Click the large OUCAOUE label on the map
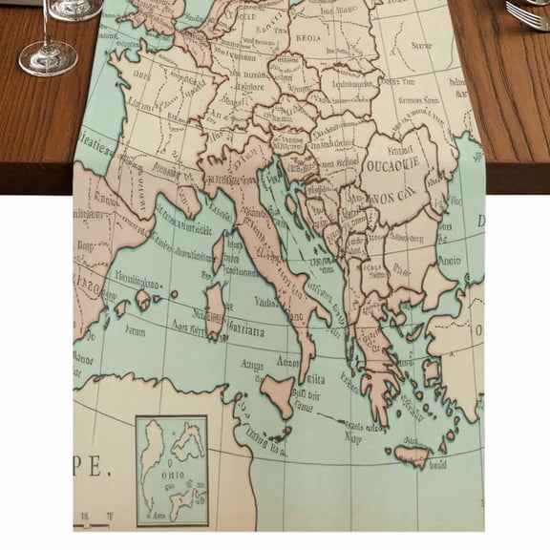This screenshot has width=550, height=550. (393, 163)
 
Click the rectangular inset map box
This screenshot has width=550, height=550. (172, 470)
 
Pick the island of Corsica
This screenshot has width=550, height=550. (219, 252)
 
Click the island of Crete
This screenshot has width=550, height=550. (412, 456)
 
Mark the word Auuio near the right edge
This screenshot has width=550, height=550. (449, 259)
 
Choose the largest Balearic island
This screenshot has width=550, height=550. (145, 301)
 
